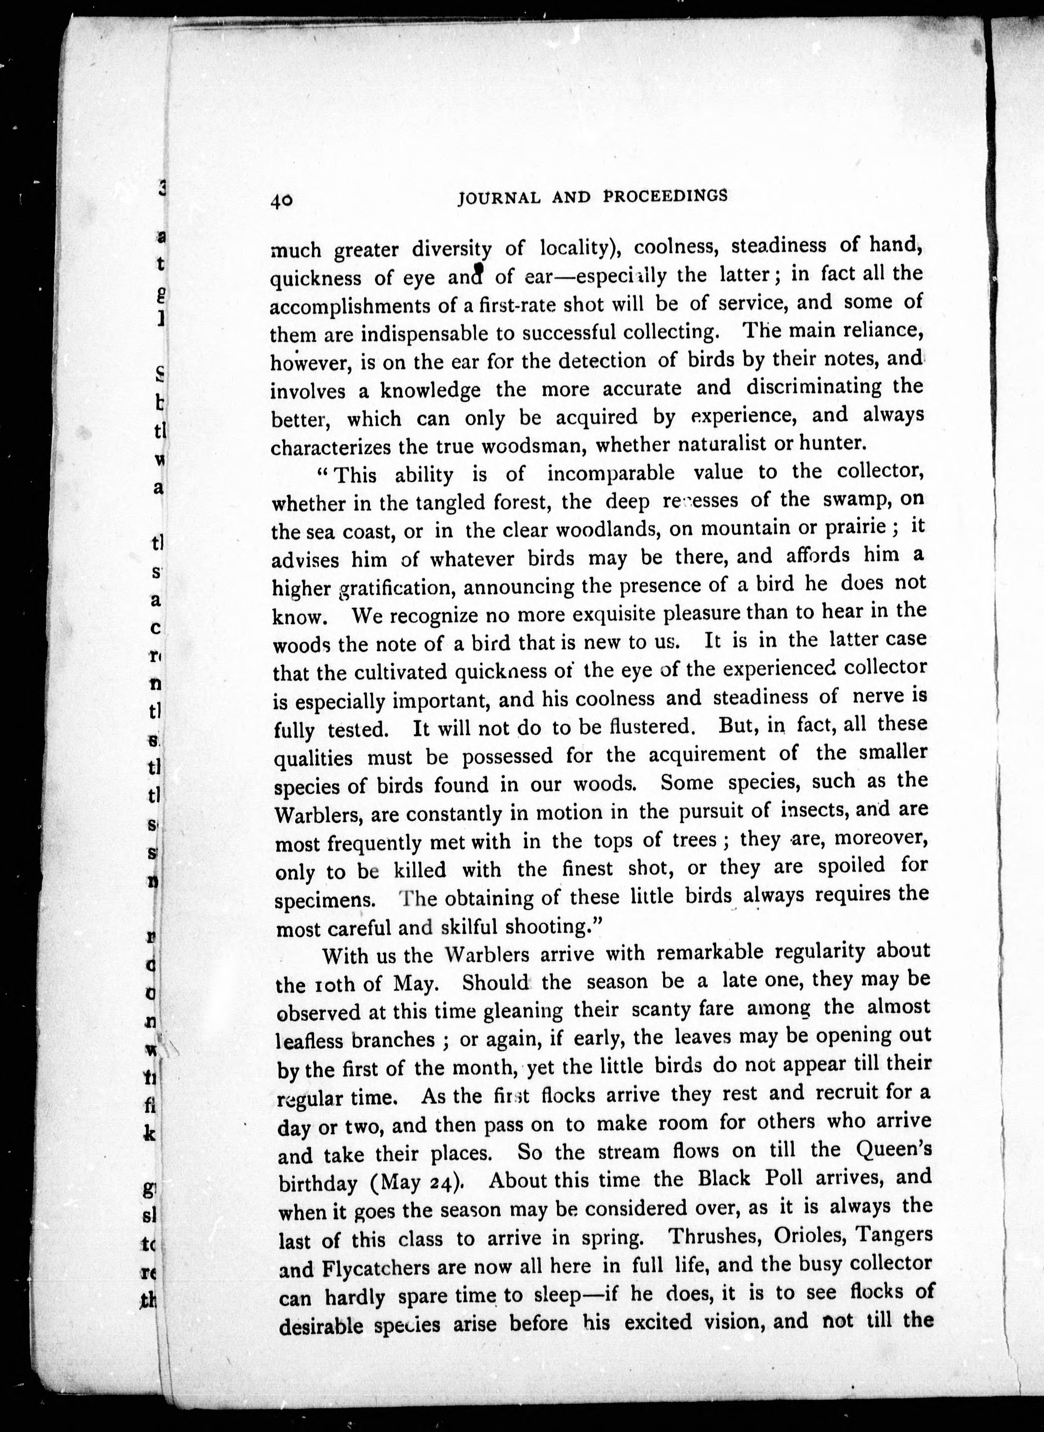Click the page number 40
coord(282,200)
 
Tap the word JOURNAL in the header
coord(499,198)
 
